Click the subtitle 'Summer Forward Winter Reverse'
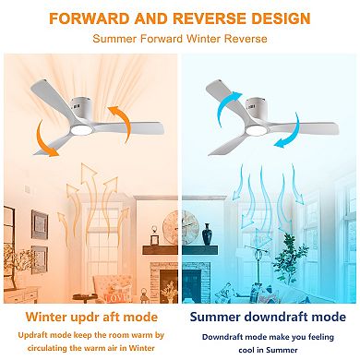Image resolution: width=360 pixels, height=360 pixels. (x=180, y=39)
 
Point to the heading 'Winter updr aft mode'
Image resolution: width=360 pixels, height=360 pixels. (x=90, y=317)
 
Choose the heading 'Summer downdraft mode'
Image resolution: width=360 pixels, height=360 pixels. (x=270, y=317)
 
